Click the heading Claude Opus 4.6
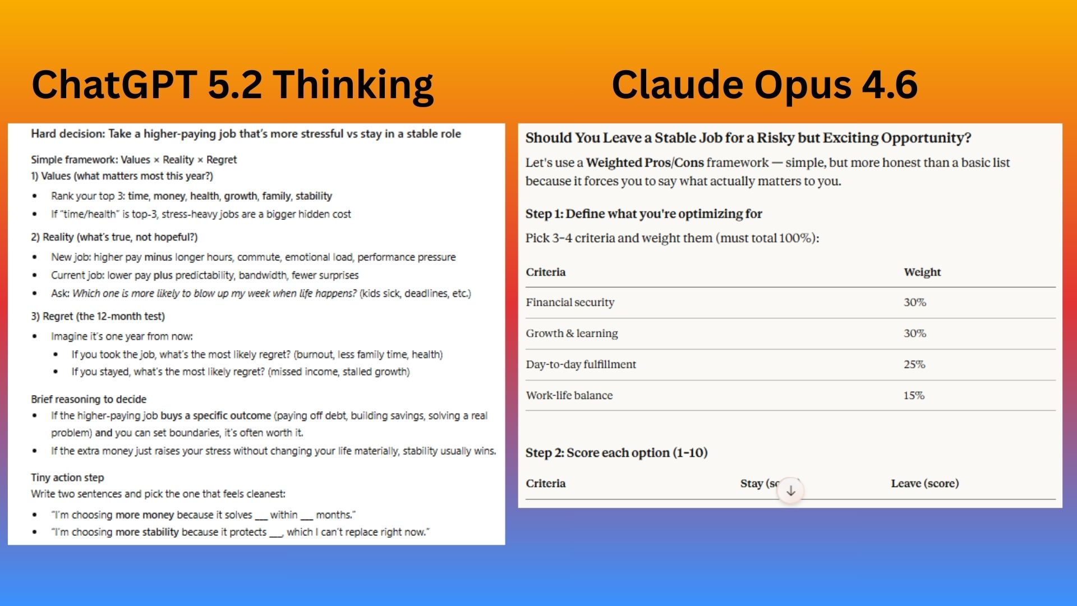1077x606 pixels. coord(765,85)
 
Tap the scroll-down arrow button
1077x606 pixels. coord(790,491)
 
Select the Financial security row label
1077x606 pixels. coord(570,302)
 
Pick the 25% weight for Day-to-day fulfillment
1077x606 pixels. coord(914,364)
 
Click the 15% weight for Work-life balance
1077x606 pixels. coord(914,395)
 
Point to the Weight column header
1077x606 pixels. coord(922,272)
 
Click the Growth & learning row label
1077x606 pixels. coord(572,333)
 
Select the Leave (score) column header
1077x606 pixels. coord(925,483)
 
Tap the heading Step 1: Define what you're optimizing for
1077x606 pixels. coord(643,214)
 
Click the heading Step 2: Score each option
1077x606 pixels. coord(616,453)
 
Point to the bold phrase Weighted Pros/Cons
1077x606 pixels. coord(645,163)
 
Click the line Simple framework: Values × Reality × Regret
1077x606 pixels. coord(134,160)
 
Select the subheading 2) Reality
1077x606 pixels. coord(114,237)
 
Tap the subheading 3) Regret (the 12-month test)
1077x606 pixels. coord(98,316)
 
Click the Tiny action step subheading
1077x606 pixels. coord(67,478)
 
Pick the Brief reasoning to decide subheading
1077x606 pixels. coord(89,399)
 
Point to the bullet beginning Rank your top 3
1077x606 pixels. coord(191,196)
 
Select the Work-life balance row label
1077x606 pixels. coord(569,395)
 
